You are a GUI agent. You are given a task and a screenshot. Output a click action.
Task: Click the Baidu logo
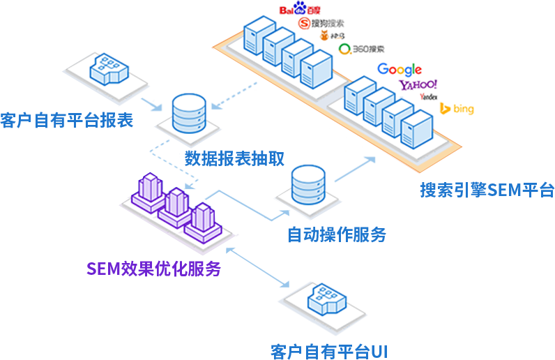pyautogui.click(x=298, y=10)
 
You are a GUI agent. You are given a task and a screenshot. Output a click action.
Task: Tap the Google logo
pyautogui.click(x=400, y=69)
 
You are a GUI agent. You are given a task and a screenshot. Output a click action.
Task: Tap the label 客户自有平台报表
pyautogui.click(x=67, y=120)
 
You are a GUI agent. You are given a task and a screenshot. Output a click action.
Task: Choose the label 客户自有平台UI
pyautogui.click(x=328, y=350)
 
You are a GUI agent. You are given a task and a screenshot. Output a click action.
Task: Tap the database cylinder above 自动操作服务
pyautogui.click(x=307, y=185)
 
